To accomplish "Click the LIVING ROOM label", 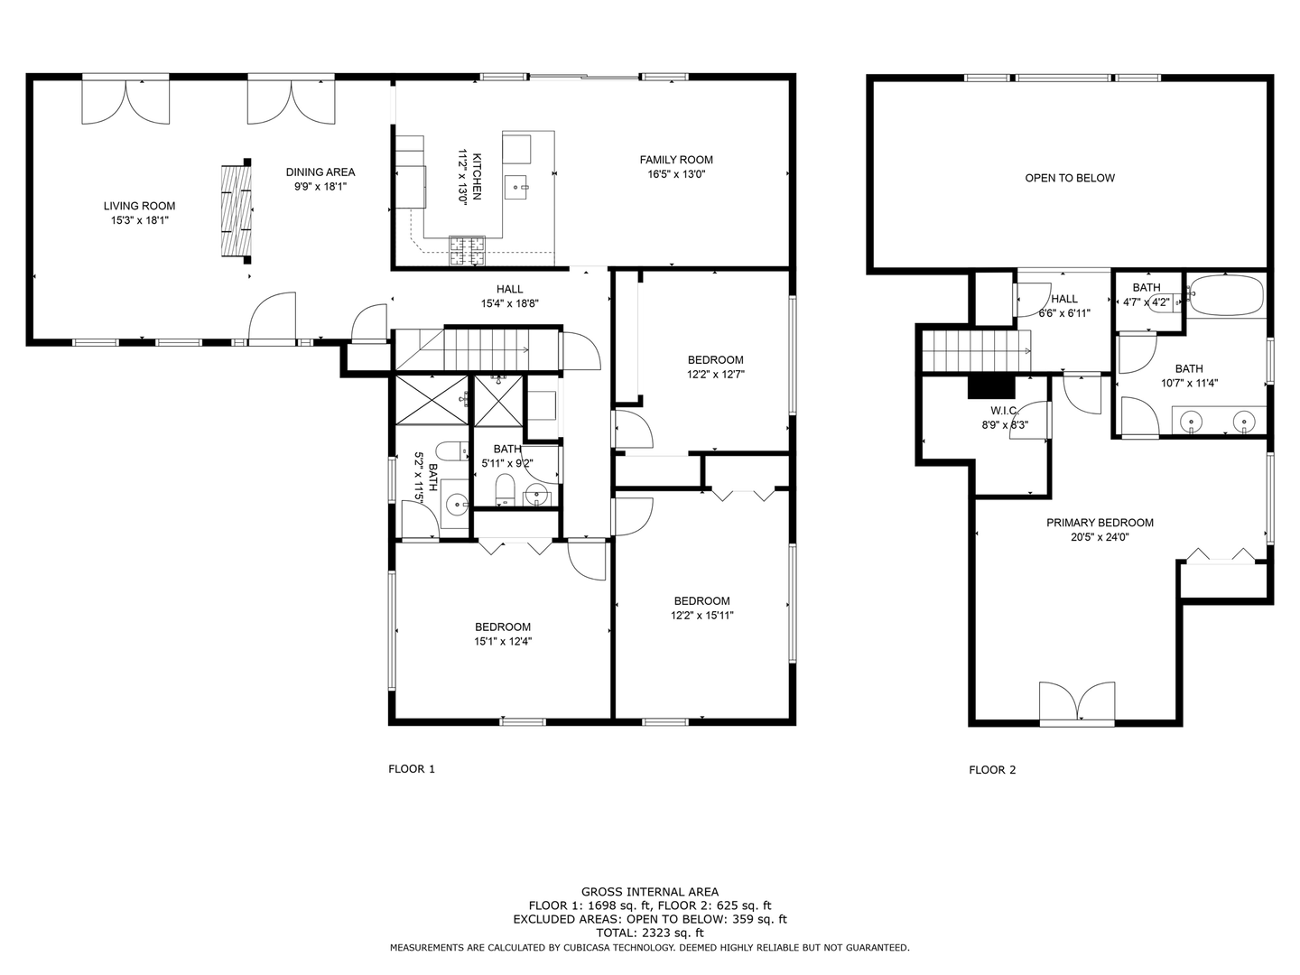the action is (139, 206).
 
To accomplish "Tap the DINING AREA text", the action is (320, 172).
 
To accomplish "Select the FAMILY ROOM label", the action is (676, 160).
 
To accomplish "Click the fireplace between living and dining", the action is (237, 210).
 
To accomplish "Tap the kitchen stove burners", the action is (467, 250).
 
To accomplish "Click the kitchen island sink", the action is (519, 187).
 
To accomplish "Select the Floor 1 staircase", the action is (478, 350).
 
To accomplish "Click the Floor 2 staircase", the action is (976, 350).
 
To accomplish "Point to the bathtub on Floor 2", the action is (1225, 295).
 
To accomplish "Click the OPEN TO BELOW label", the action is (1070, 178).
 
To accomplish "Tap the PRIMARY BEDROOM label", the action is (1100, 523).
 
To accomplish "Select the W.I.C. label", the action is (1004, 411).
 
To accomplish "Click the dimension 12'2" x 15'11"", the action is (701, 616).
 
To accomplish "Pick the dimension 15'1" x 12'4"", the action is (503, 642).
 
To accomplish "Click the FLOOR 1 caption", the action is (412, 769).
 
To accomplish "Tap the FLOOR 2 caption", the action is (992, 769).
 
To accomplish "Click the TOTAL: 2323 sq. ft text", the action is (650, 933).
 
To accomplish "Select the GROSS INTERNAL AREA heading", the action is (650, 892).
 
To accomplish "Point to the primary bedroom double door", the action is (1077, 702).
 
